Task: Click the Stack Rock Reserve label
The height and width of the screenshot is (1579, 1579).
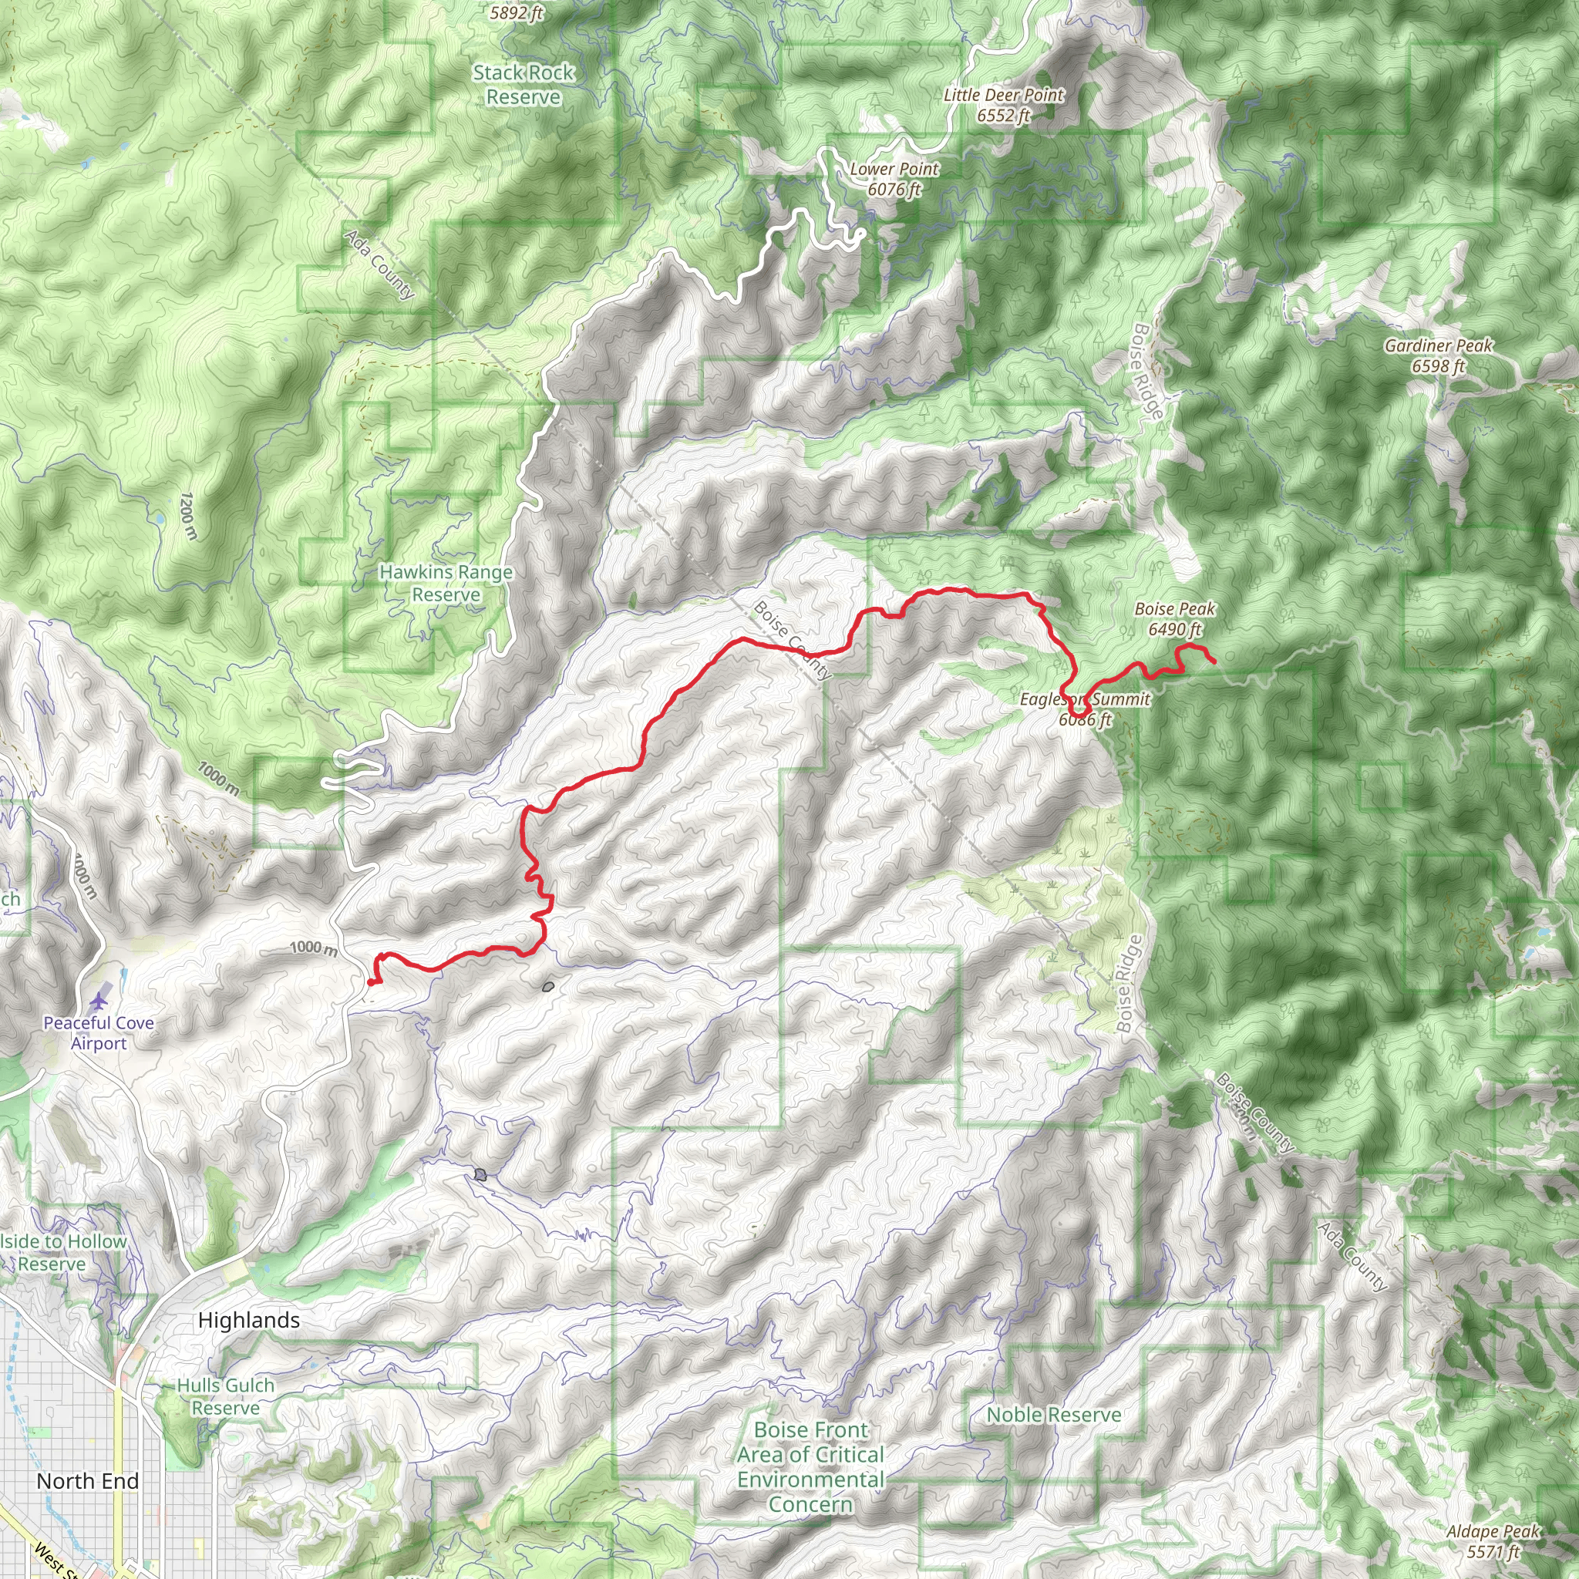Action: point(523,85)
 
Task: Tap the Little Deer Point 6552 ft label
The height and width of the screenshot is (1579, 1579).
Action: point(1003,106)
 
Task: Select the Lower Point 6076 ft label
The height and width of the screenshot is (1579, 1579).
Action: point(894,179)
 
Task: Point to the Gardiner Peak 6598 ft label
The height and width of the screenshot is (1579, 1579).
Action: point(1438,355)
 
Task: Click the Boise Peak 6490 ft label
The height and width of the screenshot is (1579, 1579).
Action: point(1174,618)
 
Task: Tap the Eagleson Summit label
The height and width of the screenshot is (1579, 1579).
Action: point(1085,700)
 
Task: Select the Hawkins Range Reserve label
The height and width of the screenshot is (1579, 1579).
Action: point(446,584)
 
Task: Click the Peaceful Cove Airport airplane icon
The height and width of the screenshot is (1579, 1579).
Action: point(99,1000)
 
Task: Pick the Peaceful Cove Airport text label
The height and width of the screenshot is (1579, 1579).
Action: point(98,1033)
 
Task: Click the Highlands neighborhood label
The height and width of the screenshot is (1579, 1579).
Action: point(248,1320)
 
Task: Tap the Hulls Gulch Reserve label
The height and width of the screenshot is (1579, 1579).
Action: point(226,1397)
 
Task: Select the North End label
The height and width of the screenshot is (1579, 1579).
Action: point(87,1481)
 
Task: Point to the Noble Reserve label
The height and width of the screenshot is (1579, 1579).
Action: point(1053,1415)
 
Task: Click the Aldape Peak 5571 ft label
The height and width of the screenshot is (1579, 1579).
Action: point(1493,1541)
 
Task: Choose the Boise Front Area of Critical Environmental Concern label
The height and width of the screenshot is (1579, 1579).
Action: point(810,1467)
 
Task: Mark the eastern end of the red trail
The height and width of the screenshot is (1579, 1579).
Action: point(1214,662)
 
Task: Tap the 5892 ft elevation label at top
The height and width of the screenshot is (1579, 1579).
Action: point(517,12)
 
